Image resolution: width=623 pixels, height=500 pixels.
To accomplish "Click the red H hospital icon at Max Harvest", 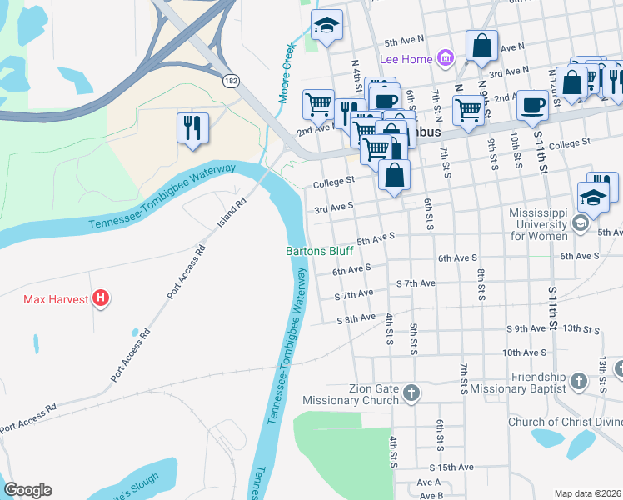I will coord(101,297).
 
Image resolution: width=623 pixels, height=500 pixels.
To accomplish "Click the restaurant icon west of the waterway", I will coord(192,127).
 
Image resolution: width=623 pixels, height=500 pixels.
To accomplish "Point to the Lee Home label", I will coord(406,59).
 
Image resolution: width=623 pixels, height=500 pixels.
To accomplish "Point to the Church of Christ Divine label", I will coord(565,422).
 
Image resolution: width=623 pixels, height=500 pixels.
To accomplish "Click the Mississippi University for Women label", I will coord(541,224).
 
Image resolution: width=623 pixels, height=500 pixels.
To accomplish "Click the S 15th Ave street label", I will coord(451,467).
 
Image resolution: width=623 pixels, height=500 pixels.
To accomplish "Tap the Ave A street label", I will coord(428,482).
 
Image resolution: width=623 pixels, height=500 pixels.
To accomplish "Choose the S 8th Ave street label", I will coord(357,319).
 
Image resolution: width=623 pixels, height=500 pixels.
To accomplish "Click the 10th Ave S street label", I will coord(523,352).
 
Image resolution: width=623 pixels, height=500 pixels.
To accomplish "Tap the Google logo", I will coord(27,490).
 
